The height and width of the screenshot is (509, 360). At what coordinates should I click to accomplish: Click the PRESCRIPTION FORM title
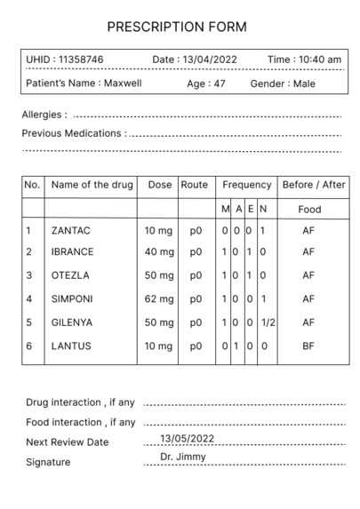coord(176,28)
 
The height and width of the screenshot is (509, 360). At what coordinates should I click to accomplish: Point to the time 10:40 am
coord(320,60)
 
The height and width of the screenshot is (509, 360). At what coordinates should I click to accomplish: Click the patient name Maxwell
coord(123,84)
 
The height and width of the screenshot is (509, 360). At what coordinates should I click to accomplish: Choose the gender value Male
coord(304,84)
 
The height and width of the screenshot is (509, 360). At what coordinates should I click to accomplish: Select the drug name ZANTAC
coord(71,230)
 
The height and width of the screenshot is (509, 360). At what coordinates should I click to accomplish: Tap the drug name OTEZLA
coord(70,275)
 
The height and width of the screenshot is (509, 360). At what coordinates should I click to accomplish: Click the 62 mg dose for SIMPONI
coord(158,298)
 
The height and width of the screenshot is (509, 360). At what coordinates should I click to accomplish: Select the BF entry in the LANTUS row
coord(308,346)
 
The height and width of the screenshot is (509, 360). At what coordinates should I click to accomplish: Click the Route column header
coord(195,185)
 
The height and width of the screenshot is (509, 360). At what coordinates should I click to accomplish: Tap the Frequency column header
coord(247,185)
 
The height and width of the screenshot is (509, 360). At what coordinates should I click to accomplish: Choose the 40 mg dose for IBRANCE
coord(158,252)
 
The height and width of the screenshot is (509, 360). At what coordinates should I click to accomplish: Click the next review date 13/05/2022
coord(188,439)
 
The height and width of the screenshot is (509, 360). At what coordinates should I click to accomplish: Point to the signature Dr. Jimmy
coord(183,457)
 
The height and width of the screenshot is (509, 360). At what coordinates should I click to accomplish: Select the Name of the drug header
coord(92,185)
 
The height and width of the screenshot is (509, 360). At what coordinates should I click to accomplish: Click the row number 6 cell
coord(28,346)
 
